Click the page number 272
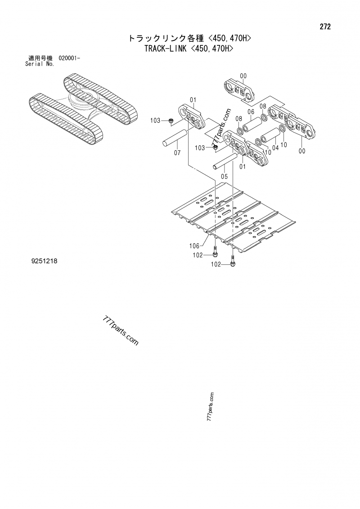click(x=325, y=27)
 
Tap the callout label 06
click(x=251, y=112)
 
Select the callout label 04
click(x=275, y=147)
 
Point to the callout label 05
click(x=224, y=177)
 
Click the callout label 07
click(x=177, y=152)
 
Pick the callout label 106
click(x=194, y=246)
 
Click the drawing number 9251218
click(x=44, y=261)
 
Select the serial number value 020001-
click(x=69, y=58)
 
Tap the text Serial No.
click(x=40, y=64)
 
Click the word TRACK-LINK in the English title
click(x=166, y=49)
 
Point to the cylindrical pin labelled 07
click(x=175, y=139)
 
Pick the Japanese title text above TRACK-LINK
click(x=190, y=38)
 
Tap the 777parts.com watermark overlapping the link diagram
click(x=221, y=127)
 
